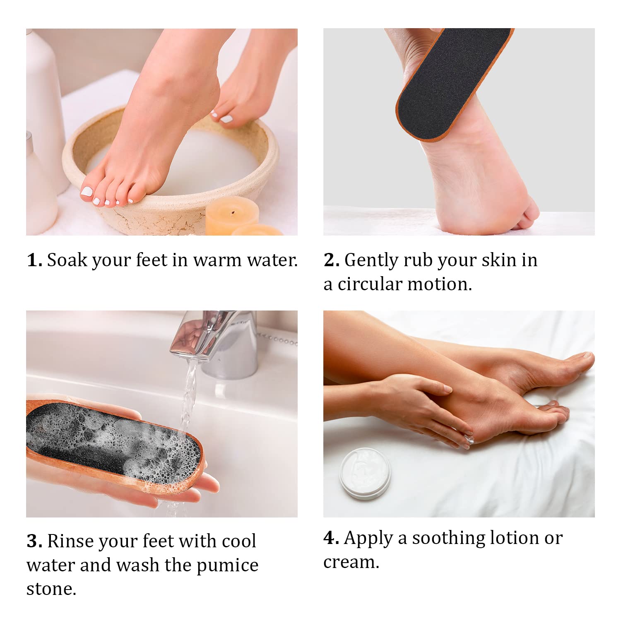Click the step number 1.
pos(34,260)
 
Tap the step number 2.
pos(331,260)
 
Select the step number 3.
pos(34,541)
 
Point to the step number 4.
pos(331,538)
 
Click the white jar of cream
pos(365,473)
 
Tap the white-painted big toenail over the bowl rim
pos(87,191)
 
